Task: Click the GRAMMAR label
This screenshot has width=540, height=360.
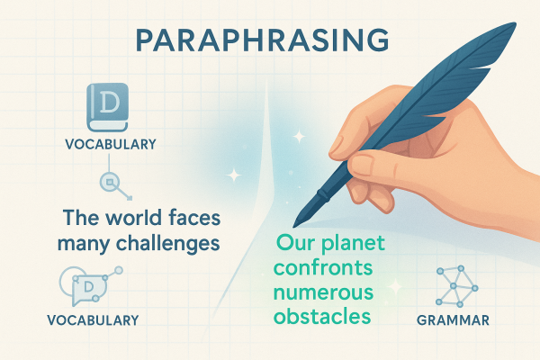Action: tap(454, 319)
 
